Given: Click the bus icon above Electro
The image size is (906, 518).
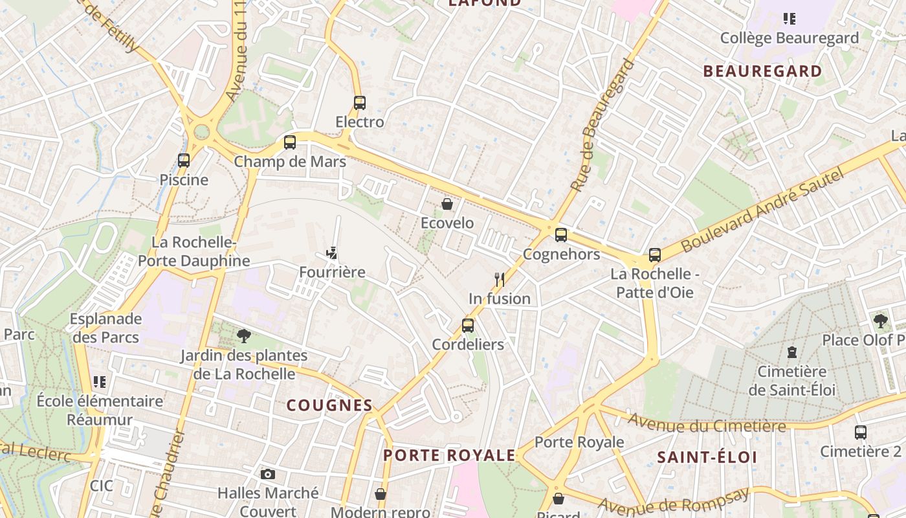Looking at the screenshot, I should click(x=360, y=102).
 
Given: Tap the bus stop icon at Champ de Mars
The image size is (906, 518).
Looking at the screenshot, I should click(x=290, y=142).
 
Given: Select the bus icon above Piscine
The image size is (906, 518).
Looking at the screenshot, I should click(x=184, y=160).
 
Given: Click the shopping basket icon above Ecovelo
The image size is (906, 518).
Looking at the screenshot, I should click(x=447, y=205).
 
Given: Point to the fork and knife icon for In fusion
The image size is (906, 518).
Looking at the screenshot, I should click(x=499, y=280).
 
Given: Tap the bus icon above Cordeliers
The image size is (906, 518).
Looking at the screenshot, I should click(x=467, y=325).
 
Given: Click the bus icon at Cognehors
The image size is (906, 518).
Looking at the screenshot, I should click(x=561, y=234).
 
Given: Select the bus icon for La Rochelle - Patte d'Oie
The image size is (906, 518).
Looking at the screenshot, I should click(x=655, y=255).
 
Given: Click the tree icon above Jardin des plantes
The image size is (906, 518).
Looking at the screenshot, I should click(x=243, y=335).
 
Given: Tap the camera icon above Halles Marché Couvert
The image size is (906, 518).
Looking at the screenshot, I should click(x=267, y=474).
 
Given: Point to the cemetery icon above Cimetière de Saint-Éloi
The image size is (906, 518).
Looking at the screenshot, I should click(x=791, y=353).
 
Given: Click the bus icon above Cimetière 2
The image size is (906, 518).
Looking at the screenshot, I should click(x=860, y=432).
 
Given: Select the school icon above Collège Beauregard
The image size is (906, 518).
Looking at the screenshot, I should click(x=789, y=18).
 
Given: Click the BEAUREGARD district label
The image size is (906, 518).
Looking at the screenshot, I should click(x=762, y=71).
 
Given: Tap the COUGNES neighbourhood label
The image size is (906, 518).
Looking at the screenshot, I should click(x=329, y=406).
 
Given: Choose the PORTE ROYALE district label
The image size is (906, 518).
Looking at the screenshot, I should click(x=449, y=455).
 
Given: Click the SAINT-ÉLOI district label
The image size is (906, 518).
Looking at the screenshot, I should click(x=707, y=457).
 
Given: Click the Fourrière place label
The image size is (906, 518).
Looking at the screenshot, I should click(x=332, y=272).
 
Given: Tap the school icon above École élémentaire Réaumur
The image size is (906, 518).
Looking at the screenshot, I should click(x=99, y=381).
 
